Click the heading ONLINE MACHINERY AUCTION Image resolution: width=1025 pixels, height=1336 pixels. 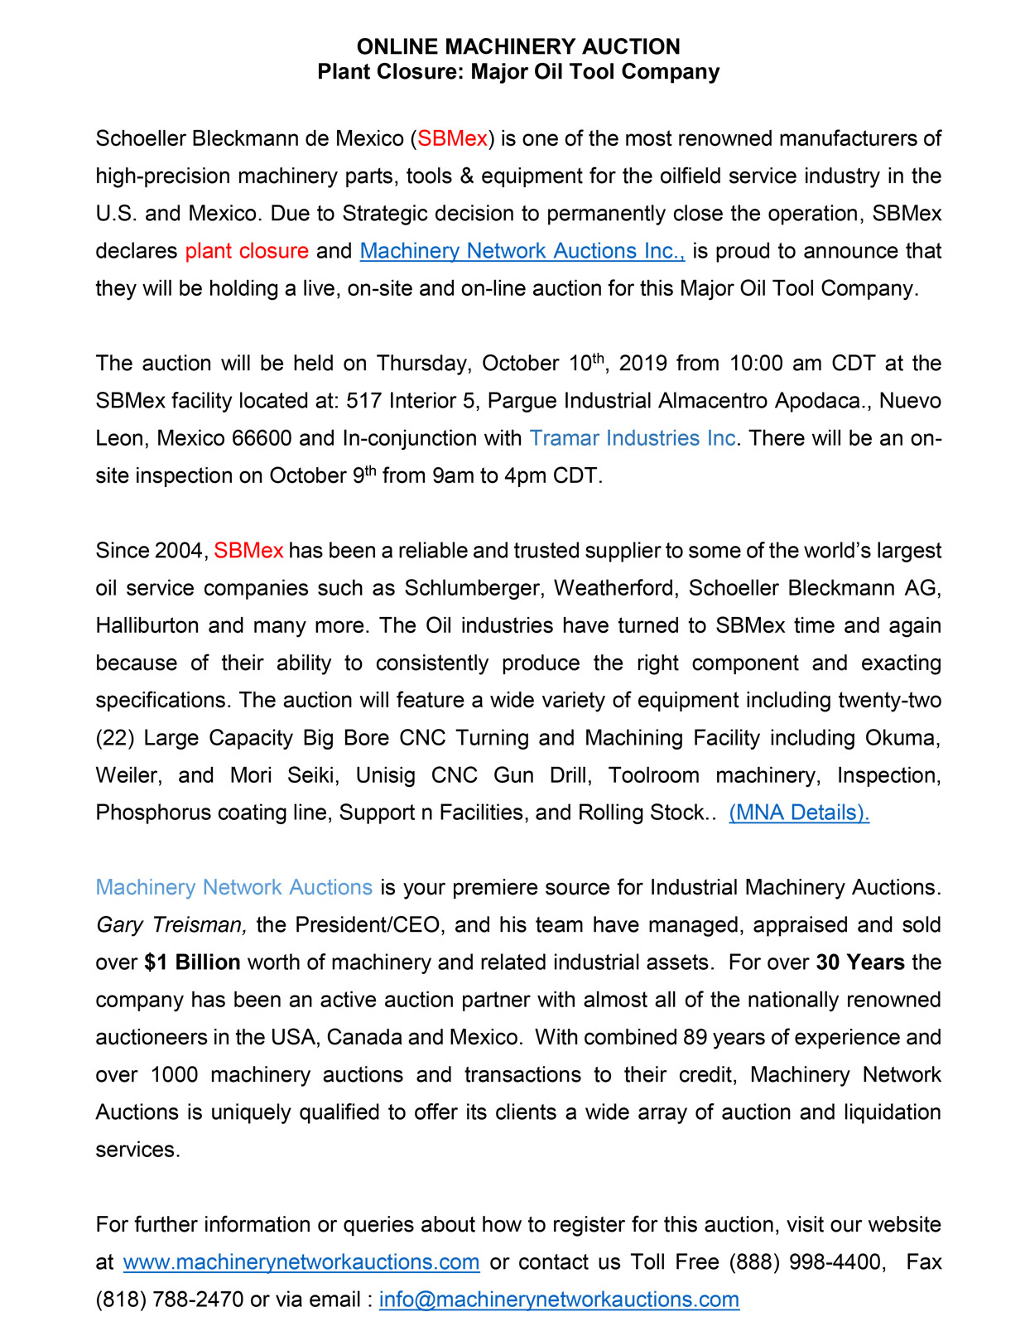518,46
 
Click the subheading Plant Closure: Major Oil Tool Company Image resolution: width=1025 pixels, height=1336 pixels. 518,72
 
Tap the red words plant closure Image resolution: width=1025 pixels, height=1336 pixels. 247,251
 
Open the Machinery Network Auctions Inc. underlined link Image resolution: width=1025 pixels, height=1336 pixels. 522,251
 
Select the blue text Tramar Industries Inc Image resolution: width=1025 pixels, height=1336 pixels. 633,438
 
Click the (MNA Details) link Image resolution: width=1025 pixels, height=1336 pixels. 799,813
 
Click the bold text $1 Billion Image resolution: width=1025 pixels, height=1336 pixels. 192,962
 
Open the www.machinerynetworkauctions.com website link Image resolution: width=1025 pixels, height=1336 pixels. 301,1262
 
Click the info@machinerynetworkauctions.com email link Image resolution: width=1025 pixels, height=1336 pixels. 559,1300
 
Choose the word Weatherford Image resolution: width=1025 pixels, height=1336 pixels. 616,588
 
